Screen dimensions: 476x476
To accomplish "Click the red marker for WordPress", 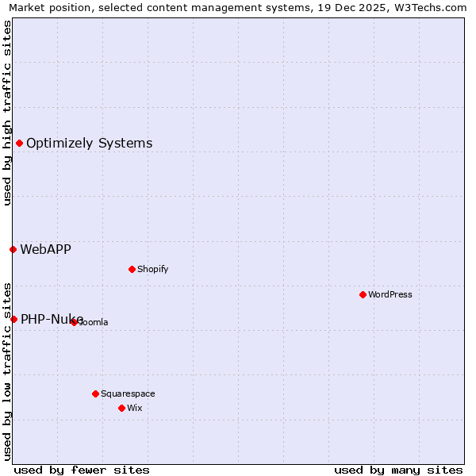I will [363, 294].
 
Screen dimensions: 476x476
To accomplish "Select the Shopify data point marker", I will [132, 269].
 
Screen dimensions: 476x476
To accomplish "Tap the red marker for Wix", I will [121, 408].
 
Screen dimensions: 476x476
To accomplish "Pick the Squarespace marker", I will [95, 393].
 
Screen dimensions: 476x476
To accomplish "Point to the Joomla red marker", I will [74, 322].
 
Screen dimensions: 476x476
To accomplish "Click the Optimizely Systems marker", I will [19, 143].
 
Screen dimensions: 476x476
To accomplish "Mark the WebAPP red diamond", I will [13, 249].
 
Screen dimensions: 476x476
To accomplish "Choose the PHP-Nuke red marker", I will [13, 319].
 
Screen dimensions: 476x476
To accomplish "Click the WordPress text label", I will [390, 294].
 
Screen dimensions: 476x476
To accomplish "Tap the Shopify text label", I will [153, 269].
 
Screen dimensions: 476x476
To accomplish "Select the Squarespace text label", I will [128, 393].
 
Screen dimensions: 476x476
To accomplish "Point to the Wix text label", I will [134, 408].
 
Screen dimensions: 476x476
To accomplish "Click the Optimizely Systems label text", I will [89, 143].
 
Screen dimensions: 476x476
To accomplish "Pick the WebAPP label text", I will [45, 249].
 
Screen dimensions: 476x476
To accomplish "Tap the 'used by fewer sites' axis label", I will [82, 470].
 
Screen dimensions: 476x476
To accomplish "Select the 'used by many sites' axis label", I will [398, 470].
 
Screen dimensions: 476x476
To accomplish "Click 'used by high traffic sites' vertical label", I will [7, 113].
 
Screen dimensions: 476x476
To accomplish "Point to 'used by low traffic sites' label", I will [7, 370].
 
